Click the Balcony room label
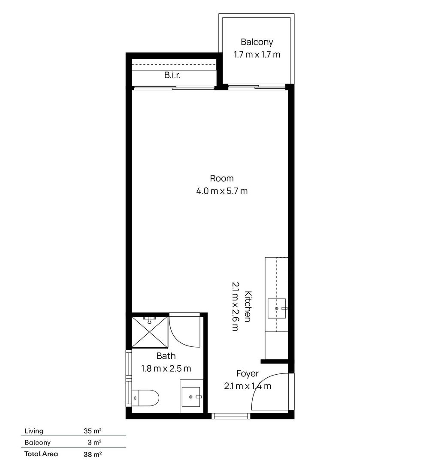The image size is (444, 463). click(x=257, y=42)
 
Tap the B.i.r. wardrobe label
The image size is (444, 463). click(x=172, y=75)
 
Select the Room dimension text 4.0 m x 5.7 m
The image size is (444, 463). click(x=222, y=191)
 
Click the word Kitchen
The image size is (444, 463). click(x=248, y=306)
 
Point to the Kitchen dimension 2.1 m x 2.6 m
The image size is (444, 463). click(x=236, y=306)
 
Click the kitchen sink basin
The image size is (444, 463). click(x=277, y=308)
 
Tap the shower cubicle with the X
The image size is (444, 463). click(x=149, y=332)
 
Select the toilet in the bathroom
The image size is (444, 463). click(x=145, y=398)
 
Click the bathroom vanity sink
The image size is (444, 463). click(x=191, y=397)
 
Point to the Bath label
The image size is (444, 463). click(x=166, y=356)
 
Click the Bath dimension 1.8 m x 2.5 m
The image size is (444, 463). click(x=166, y=369)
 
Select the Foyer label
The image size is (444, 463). click(x=248, y=374)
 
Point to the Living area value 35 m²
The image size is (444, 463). click(x=93, y=431)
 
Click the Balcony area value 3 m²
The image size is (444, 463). click(x=94, y=442)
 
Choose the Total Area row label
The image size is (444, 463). click(x=41, y=454)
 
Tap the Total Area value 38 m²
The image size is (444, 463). click(x=93, y=454)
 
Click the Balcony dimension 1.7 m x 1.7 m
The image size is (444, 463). click(x=257, y=54)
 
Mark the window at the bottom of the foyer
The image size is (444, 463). click(x=231, y=416)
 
